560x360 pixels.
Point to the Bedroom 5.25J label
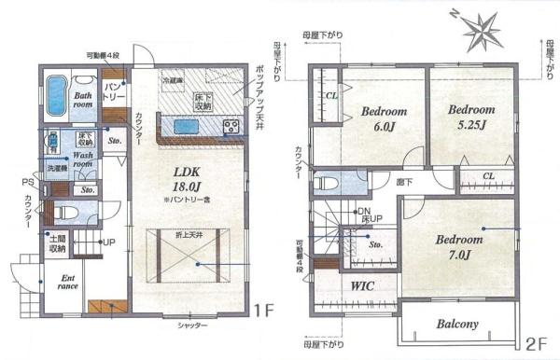pos(471,117)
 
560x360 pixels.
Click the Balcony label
pos(456,325)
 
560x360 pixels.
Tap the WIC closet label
pos(361,286)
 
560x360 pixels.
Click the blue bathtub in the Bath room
pos(56,95)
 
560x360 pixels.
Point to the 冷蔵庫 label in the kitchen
pos(173,81)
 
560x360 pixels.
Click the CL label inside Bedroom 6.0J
pos(331,95)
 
